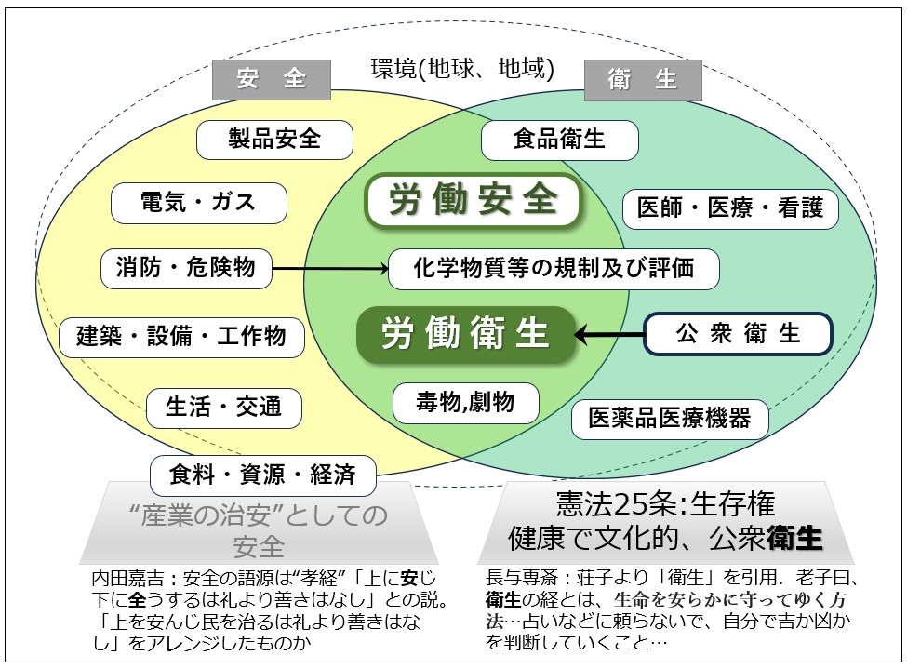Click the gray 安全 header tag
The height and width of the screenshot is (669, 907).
point(271,79)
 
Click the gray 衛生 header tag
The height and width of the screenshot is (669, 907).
point(643,79)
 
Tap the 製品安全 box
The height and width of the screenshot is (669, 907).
point(274,140)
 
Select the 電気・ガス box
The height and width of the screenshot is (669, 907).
point(198,202)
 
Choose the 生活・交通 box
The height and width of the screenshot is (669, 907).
point(224,407)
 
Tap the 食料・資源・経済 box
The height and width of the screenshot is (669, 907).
point(263,475)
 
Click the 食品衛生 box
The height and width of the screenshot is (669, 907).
point(559,140)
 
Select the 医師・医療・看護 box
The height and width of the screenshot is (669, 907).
point(730,208)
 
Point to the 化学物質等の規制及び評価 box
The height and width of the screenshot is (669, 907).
point(554,269)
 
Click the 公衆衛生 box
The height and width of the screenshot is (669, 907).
point(738,333)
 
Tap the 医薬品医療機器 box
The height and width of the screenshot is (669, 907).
point(670,419)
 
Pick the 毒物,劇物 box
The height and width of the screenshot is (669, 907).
point(466,403)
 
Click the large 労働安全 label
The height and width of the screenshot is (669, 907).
point(473,199)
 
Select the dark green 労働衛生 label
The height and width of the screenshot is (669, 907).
point(465,333)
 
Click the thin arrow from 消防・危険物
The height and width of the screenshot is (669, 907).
point(329,269)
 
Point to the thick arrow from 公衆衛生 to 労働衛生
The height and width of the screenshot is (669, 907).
point(608,333)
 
